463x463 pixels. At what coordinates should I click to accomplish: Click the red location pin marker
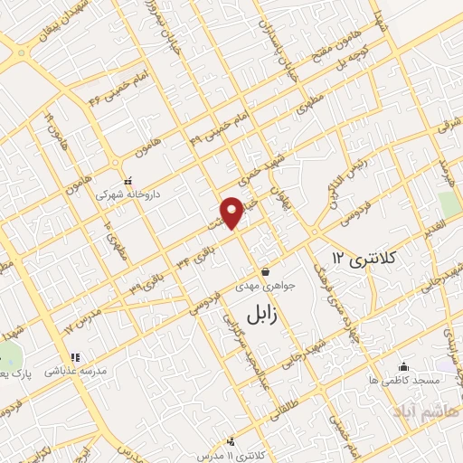[232, 212]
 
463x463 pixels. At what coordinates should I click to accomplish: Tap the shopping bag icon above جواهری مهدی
[266, 271]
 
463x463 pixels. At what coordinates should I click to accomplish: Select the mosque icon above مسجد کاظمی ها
[404, 366]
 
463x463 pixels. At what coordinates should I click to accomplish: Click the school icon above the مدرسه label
[75, 357]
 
